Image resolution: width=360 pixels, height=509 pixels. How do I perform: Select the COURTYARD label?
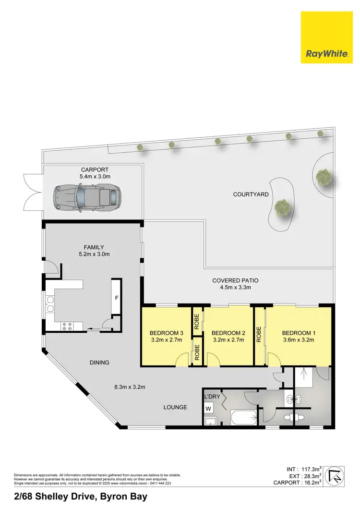tap(251, 194)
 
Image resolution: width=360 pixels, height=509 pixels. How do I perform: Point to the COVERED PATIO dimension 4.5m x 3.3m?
tap(232, 288)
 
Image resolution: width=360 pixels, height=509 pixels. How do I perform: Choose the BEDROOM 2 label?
tap(228, 333)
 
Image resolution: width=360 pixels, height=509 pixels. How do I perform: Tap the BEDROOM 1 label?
tap(298, 333)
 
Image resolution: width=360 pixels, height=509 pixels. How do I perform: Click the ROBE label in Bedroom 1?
tap(259, 334)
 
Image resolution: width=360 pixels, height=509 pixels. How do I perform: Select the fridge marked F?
tap(116, 298)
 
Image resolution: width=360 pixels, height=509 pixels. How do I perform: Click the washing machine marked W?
tap(208, 409)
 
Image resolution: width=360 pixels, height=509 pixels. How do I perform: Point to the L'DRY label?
tap(212, 397)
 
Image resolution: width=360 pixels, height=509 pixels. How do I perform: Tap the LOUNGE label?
tap(175, 407)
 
